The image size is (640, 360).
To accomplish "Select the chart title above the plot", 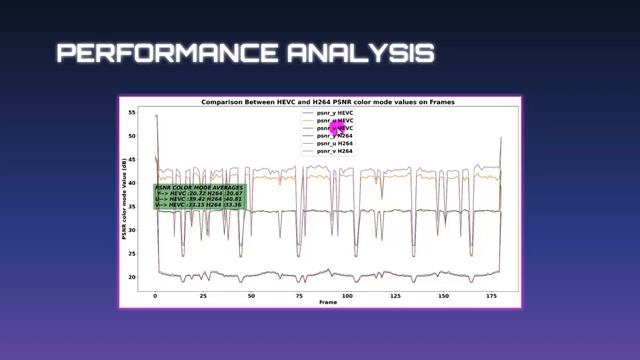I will point(319,102).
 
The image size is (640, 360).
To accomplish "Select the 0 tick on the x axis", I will point(155,296).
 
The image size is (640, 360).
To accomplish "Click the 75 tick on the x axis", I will point(299,296).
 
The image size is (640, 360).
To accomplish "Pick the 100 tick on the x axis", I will point(347,296).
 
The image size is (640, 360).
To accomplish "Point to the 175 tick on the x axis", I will point(490,296).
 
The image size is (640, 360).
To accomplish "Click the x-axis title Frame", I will point(328,302).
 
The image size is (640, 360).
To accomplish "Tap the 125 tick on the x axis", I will point(395,296).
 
